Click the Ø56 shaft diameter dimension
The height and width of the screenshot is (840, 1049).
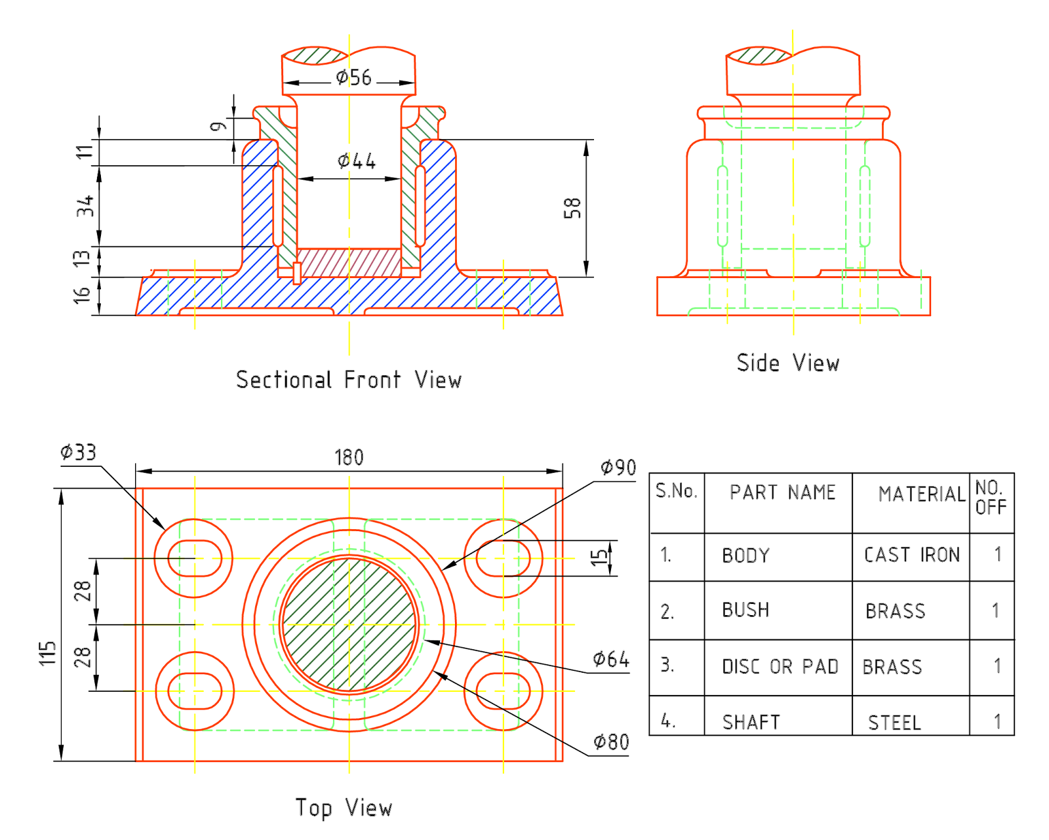tap(353, 78)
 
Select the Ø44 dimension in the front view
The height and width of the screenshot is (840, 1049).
tap(356, 161)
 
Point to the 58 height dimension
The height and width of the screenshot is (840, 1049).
tap(572, 208)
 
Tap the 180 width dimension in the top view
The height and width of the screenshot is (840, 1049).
tap(349, 457)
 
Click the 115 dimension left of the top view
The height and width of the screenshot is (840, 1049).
tap(48, 653)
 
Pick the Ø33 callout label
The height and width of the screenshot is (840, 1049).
tap(78, 452)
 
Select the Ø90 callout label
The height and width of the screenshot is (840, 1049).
tap(618, 468)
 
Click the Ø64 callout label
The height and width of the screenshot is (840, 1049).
tap(610, 659)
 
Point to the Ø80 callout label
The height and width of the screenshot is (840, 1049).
tap(611, 742)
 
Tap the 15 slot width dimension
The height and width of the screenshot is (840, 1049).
tap(599, 557)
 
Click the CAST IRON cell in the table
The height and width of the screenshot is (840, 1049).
tap(911, 555)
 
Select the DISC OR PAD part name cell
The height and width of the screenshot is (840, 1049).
tap(780, 667)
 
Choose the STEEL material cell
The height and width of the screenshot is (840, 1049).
tap(894, 723)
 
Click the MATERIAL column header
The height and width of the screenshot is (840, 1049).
tap(921, 494)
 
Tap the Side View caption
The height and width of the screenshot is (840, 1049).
tap(787, 363)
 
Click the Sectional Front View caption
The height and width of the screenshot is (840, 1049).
tap(348, 380)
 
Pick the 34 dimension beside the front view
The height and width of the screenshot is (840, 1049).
tap(85, 206)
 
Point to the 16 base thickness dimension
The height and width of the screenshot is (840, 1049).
tap(82, 295)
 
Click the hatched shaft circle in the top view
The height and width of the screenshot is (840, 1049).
tap(349, 625)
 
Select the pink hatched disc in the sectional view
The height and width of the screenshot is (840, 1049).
tap(349, 262)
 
